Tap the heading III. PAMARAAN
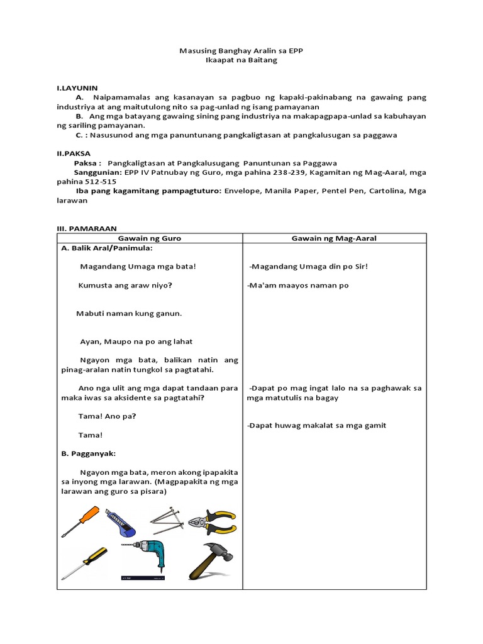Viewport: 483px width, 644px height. point(87,228)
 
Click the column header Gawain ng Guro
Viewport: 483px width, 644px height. point(150,238)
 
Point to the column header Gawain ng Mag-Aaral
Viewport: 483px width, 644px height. point(334,238)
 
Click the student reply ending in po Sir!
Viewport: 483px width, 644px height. point(308,267)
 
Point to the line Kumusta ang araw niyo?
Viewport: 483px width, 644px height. point(125,286)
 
